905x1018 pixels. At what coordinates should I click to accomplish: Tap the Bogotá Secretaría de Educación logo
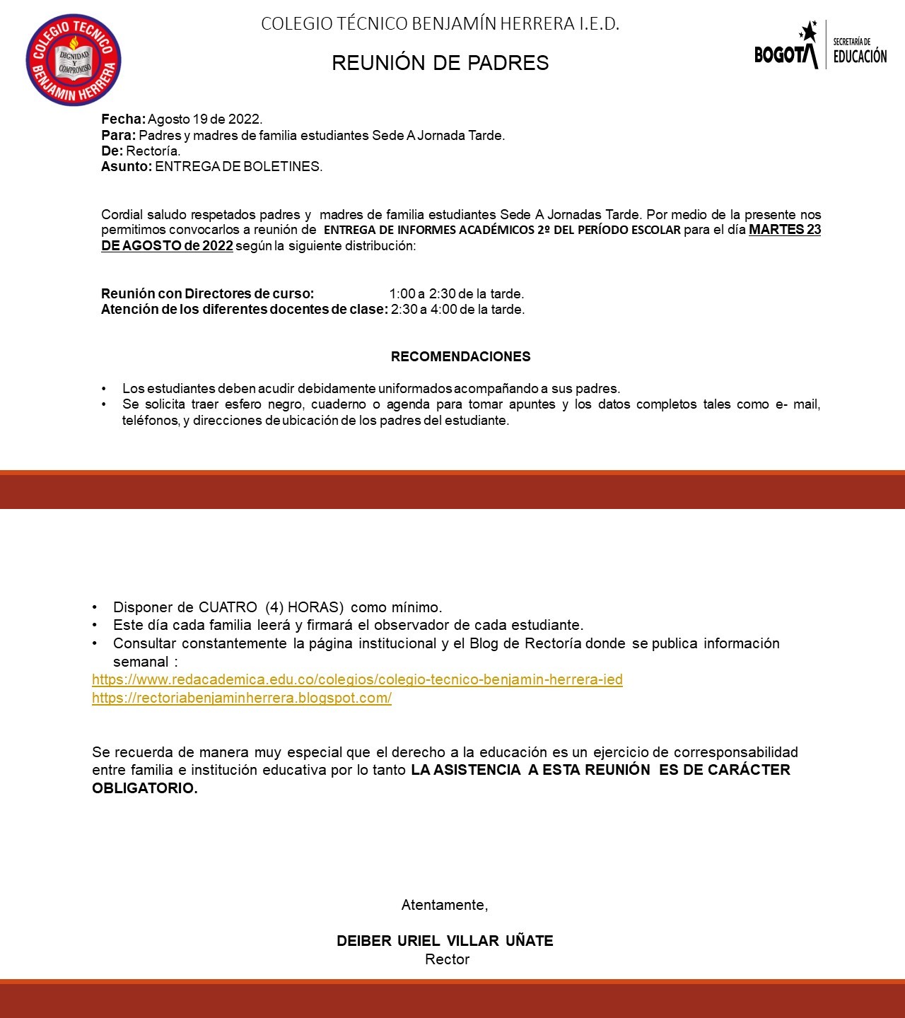click(x=820, y=46)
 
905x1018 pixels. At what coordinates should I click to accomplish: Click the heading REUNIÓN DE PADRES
click(x=440, y=63)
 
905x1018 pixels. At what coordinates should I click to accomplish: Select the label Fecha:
click(x=123, y=119)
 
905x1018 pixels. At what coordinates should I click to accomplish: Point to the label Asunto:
click(x=127, y=167)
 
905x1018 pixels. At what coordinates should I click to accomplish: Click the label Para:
click(x=118, y=135)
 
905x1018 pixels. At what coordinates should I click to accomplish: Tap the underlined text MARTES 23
click(x=784, y=230)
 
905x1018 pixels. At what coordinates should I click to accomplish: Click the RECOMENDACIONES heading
click(x=460, y=357)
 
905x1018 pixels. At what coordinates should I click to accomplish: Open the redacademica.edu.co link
click(x=357, y=680)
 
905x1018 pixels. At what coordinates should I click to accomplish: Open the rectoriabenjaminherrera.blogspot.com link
click(x=241, y=698)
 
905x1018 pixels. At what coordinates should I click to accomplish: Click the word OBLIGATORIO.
click(x=144, y=788)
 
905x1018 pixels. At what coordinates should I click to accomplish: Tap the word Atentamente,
click(x=445, y=905)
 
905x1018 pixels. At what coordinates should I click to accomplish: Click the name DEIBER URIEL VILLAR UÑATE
click(x=445, y=941)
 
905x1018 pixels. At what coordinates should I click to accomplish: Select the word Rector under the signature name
click(x=447, y=959)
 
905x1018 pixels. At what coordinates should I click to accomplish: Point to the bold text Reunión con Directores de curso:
click(x=207, y=293)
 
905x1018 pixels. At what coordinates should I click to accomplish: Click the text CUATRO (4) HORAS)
click(x=271, y=607)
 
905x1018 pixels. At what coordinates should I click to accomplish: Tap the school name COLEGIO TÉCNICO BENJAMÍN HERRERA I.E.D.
click(x=440, y=24)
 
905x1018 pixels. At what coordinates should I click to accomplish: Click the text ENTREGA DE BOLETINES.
click(x=238, y=167)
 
